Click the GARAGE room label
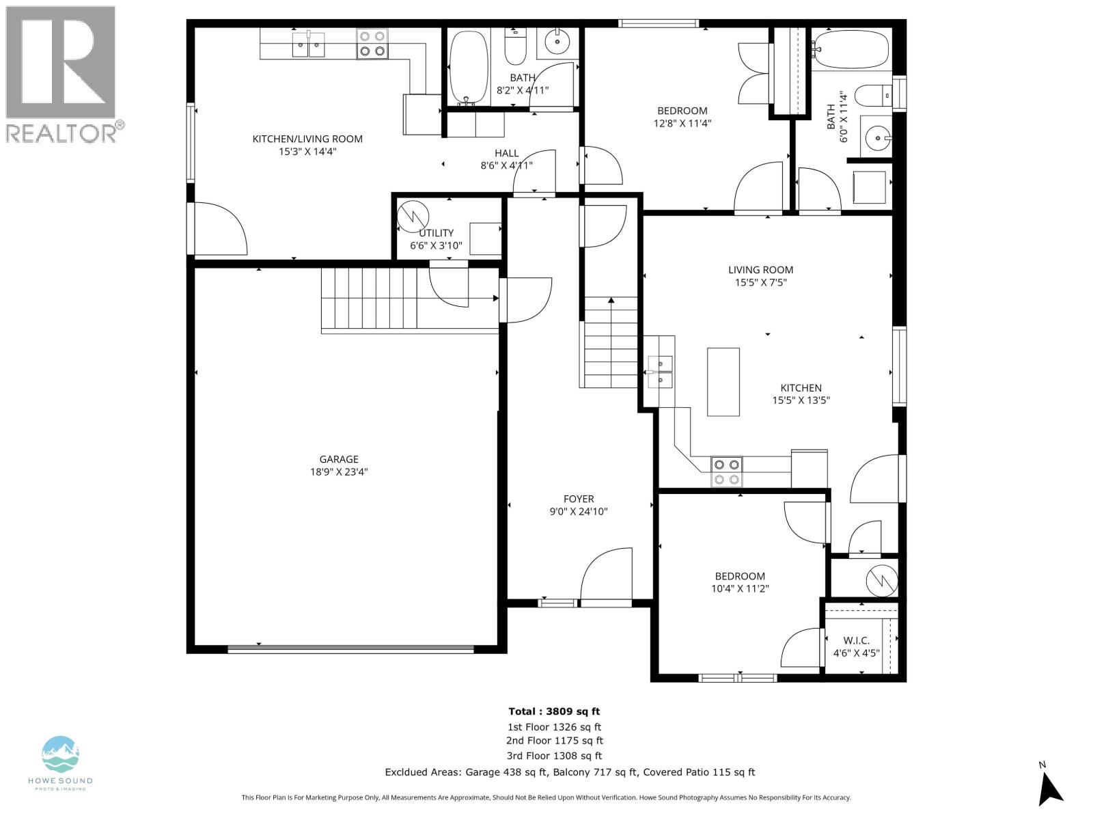click(x=338, y=459)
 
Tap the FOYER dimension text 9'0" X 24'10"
click(x=578, y=511)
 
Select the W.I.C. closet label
click(x=856, y=640)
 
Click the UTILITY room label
click(x=436, y=233)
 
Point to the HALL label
click(x=506, y=153)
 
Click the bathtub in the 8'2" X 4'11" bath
click(x=469, y=67)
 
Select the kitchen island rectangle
click(x=723, y=382)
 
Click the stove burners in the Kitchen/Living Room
click(x=372, y=44)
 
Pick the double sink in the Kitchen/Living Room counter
click(x=308, y=45)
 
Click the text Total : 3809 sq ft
click(x=554, y=711)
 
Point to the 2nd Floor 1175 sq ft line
click(x=554, y=740)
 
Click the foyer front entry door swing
click(x=607, y=575)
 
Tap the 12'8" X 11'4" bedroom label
click(x=682, y=117)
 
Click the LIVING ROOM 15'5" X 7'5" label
click(x=760, y=275)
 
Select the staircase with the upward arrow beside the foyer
click(x=611, y=342)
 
